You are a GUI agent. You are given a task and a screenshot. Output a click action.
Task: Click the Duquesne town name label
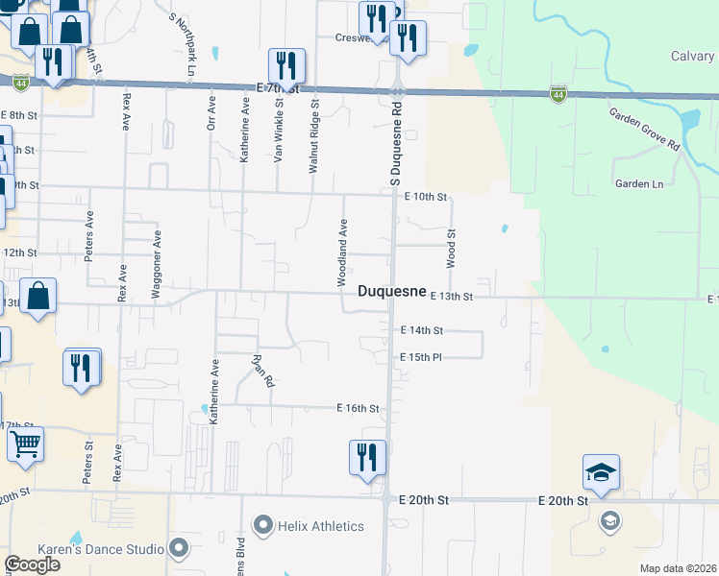pos(391,292)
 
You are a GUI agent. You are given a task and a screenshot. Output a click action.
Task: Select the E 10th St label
pos(426,197)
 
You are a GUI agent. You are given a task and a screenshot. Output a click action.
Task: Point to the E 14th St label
pos(421,330)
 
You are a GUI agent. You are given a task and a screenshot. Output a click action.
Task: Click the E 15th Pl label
pos(420,357)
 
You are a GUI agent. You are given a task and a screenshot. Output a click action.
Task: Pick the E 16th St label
pos(358,408)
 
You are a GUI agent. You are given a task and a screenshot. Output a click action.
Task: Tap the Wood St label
pos(450,247)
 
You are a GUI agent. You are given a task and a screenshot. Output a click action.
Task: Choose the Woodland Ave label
pos(341,252)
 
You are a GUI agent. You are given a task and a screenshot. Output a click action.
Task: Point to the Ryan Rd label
pos(263,371)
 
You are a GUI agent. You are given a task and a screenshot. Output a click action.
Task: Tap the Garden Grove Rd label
pos(644,130)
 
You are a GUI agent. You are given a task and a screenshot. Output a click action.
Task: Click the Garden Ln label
pos(639,183)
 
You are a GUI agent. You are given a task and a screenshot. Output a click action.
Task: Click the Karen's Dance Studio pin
pos(178,549)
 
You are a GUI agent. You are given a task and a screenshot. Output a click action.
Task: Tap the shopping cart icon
pos(25,444)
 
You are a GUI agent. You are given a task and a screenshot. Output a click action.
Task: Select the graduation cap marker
pos(601,472)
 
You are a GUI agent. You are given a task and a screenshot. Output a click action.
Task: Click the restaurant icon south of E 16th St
pos(367,456)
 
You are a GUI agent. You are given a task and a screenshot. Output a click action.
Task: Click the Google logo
pos(33,564)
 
